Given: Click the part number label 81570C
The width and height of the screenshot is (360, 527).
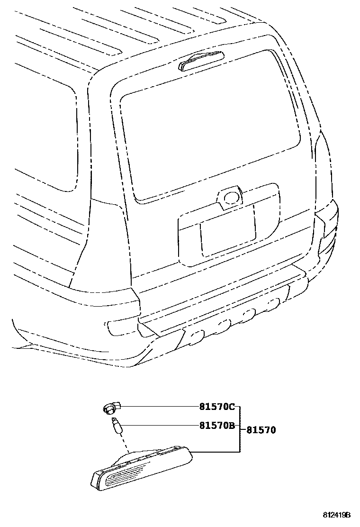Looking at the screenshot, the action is click(x=216, y=407).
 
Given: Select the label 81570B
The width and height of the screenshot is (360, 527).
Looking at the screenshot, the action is click(x=216, y=426).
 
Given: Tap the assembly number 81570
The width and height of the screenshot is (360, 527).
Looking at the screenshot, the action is click(x=261, y=430).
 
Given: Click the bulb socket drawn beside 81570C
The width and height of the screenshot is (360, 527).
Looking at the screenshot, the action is click(x=110, y=407).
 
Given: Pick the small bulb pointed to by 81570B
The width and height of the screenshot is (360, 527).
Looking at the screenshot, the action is click(x=116, y=425).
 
